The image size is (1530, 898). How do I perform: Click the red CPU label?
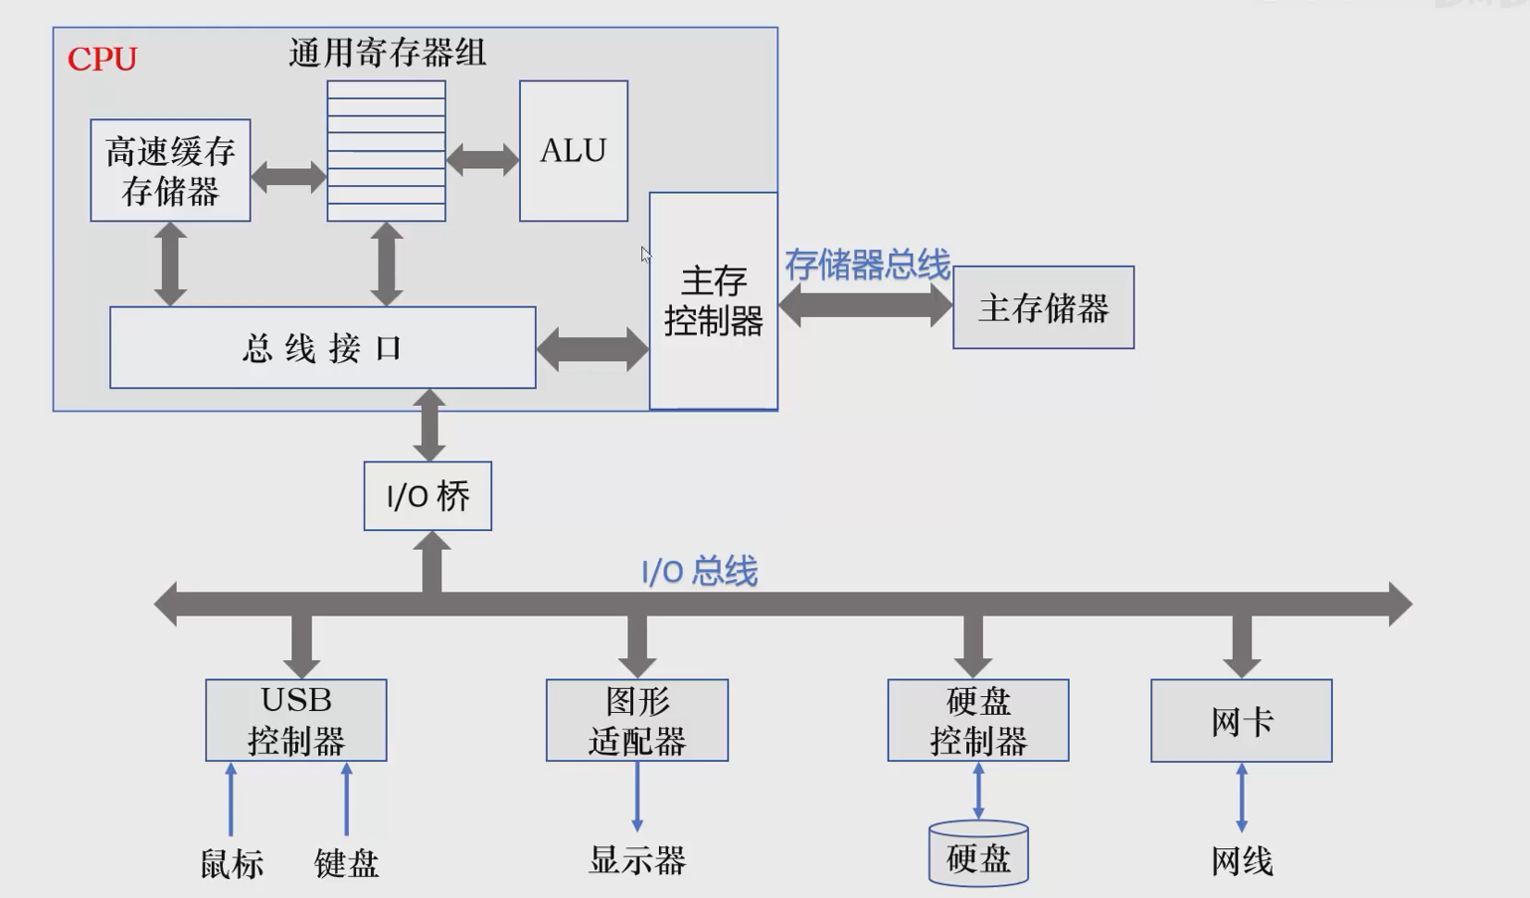[x=101, y=60]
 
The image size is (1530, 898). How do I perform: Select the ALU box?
[x=574, y=151]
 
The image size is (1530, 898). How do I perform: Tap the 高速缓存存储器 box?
[x=170, y=170]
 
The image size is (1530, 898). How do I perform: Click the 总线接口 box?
[x=322, y=348]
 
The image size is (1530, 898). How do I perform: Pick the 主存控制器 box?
[x=713, y=301]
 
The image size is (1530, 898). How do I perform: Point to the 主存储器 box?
[x=1043, y=308]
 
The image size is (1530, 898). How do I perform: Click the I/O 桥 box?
[x=427, y=496]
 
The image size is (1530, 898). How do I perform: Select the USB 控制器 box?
[x=296, y=721]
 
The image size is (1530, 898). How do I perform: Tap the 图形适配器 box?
[x=637, y=721]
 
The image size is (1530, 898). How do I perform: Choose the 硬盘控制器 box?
[x=978, y=721]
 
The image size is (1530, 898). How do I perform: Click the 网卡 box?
[x=1242, y=721]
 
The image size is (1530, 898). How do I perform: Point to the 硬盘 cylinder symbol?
[x=978, y=854]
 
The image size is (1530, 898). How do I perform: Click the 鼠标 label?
[x=232, y=863]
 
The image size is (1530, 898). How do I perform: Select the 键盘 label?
[x=347, y=863]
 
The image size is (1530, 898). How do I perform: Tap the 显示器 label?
[x=637, y=860]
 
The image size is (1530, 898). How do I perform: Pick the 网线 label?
[x=1242, y=861]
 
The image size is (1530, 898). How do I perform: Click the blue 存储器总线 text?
[x=867, y=266]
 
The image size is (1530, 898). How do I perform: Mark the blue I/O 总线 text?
[x=699, y=572]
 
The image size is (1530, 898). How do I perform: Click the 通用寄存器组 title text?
[x=388, y=53]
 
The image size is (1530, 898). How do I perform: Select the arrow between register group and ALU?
[x=482, y=159]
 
